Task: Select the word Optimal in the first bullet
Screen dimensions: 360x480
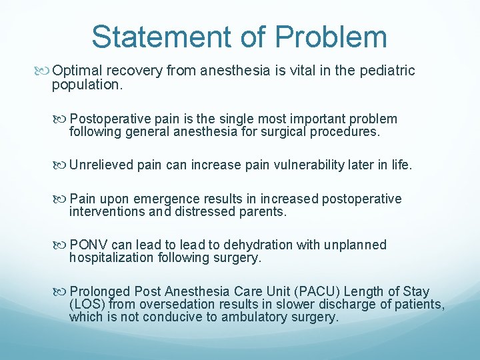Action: (x=76, y=71)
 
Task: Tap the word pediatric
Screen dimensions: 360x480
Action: (x=389, y=71)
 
